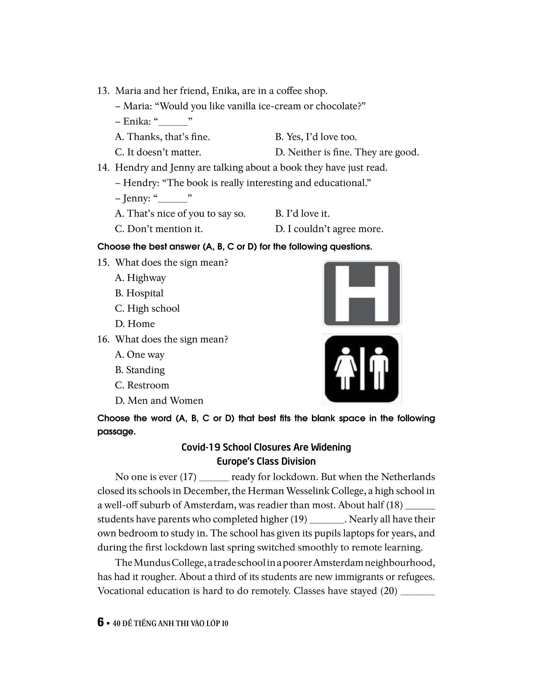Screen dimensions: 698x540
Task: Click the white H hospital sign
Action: pyautogui.click(x=362, y=293)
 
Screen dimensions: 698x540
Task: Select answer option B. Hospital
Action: pyautogui.click(x=139, y=293)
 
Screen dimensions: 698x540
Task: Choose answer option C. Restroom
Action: pyautogui.click(x=142, y=385)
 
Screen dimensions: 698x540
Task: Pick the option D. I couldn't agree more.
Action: pyautogui.click(x=329, y=229)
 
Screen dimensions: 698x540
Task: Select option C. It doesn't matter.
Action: pyautogui.click(x=158, y=152)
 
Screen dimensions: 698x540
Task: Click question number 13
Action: pyautogui.click(x=103, y=91)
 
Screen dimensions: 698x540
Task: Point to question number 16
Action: pyautogui.click(x=103, y=339)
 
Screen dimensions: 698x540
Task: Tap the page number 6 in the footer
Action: pyautogui.click(x=101, y=622)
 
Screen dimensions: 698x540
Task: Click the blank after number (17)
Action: pyautogui.click(x=214, y=477)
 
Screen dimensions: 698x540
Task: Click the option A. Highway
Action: pyautogui.click(x=140, y=278)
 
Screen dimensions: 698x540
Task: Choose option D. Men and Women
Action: pyautogui.click(x=159, y=400)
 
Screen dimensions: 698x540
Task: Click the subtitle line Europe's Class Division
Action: pyautogui.click(x=266, y=462)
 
